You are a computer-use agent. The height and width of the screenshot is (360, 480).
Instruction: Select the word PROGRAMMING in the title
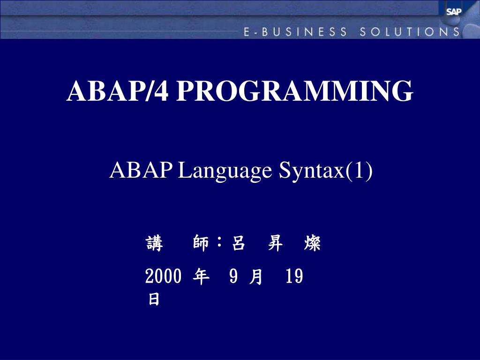(x=295, y=91)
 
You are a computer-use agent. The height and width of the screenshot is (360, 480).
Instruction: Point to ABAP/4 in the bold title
(x=118, y=91)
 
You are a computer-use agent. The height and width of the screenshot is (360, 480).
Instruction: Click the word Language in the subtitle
(x=225, y=171)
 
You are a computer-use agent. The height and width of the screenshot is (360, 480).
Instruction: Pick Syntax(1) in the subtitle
(x=326, y=171)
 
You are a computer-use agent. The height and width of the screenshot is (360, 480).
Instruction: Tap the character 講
(x=154, y=244)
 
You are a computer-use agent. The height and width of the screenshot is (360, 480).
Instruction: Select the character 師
(x=201, y=244)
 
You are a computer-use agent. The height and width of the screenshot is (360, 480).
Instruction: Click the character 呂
(x=239, y=244)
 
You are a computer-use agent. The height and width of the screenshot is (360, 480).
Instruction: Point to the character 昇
(x=275, y=244)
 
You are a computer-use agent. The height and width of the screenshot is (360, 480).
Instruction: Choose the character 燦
(x=312, y=244)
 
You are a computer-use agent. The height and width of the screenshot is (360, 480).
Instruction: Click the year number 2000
(x=163, y=277)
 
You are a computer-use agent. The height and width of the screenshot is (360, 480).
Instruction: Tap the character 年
(x=201, y=277)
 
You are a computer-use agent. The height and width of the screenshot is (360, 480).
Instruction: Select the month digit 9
(x=233, y=277)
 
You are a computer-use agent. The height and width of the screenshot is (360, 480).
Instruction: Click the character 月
(x=256, y=277)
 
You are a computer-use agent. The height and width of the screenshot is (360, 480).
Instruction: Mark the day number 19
(x=294, y=277)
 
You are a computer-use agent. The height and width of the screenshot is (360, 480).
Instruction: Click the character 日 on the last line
(x=154, y=300)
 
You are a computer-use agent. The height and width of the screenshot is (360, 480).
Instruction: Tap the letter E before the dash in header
(x=247, y=32)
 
